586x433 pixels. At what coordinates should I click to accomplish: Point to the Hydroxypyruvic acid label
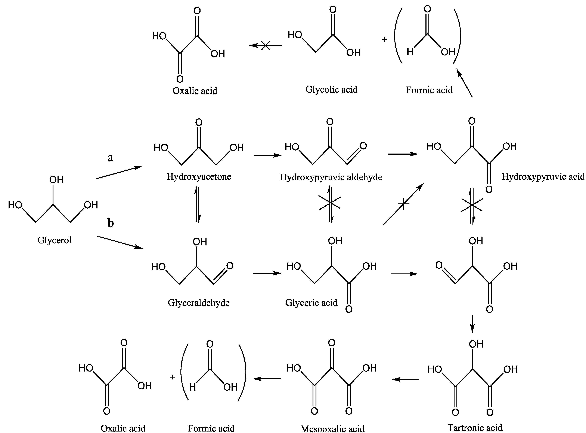click(543, 177)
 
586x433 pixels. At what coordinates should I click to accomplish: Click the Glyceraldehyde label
click(199, 303)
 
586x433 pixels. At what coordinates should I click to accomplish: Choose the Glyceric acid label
click(311, 303)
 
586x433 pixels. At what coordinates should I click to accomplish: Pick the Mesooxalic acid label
click(332, 429)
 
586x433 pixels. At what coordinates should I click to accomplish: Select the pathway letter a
click(111, 158)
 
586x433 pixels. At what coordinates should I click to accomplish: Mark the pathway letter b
click(111, 223)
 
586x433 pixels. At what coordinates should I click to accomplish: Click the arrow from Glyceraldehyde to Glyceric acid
click(267, 273)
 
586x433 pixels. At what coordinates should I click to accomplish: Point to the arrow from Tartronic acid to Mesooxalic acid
click(405, 379)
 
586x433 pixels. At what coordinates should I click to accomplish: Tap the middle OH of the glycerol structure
click(56, 180)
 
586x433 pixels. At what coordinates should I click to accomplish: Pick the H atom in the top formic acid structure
click(410, 52)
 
